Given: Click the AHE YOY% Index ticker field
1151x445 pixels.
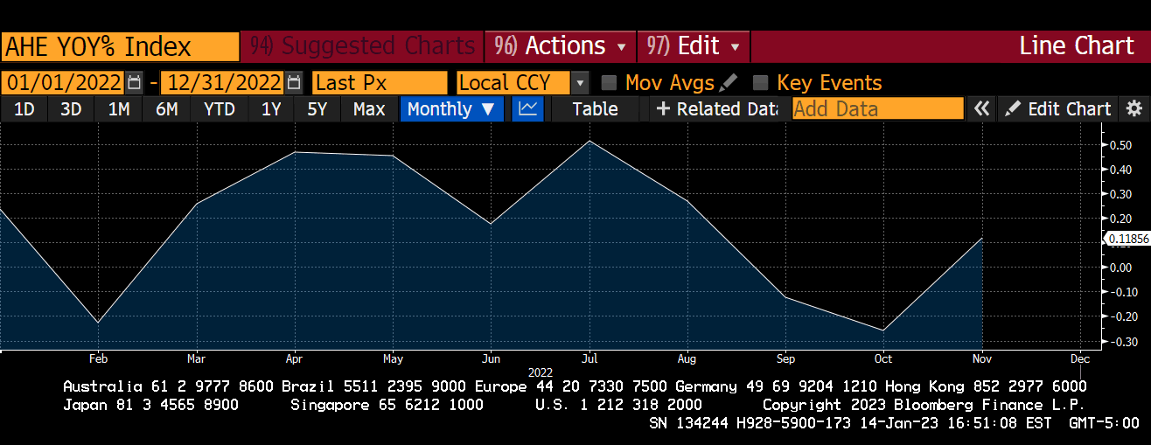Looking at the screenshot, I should tap(120, 46).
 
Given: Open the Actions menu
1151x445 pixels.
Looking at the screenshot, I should tap(561, 46).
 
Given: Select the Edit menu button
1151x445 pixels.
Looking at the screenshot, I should tap(694, 46).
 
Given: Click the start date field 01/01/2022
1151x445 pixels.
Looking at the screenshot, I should tap(64, 83).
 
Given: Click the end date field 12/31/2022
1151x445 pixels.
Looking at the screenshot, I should tap(222, 83).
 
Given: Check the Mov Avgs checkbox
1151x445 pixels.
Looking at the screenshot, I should tap(610, 83).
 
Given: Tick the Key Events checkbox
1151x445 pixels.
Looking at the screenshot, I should tap(761, 83).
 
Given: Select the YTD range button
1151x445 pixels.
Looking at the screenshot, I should tap(219, 109).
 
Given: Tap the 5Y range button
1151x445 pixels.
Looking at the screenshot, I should tap(317, 109).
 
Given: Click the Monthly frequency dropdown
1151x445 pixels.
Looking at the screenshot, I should tap(450, 109).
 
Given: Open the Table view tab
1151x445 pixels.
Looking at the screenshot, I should tap(595, 109).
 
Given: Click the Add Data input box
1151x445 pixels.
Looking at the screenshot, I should tap(877, 109).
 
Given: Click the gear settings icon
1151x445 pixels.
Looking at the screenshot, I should tap(1134, 109).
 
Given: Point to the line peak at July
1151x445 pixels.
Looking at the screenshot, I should tap(589, 141).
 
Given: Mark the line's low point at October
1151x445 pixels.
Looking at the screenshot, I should tap(883, 330).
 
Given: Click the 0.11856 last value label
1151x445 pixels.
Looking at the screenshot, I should tap(1128, 239).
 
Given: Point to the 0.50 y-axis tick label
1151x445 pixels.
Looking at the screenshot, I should tap(1120, 145).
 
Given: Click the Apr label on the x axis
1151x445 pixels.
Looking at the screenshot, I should tap(295, 358).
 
